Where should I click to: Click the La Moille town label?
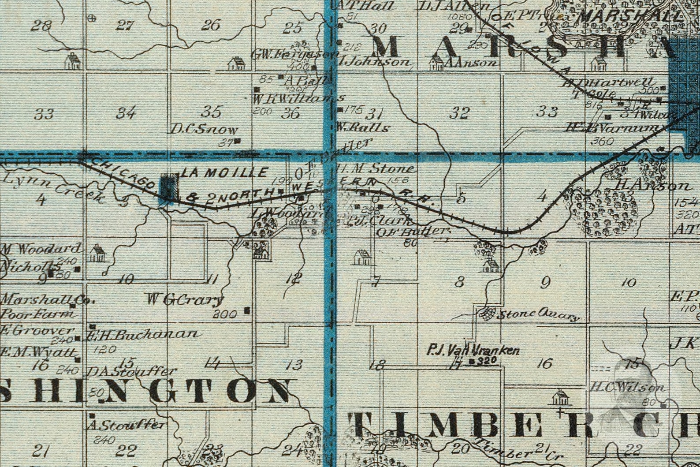pos(224,172)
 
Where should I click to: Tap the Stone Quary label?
pos(538,315)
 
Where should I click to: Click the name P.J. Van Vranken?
pos(473,351)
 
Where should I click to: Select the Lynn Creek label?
pos(53,187)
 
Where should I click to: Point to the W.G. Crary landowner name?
pos(184,300)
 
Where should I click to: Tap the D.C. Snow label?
pos(204,130)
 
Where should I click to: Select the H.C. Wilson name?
pos(627,388)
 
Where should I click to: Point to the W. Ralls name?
pos(362,128)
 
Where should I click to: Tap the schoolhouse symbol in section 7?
pos(362,257)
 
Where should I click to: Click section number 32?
pos(459,113)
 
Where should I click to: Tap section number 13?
pos(294,365)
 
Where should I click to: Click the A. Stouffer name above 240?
pos(127,426)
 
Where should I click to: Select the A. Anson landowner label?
pos(471,64)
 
